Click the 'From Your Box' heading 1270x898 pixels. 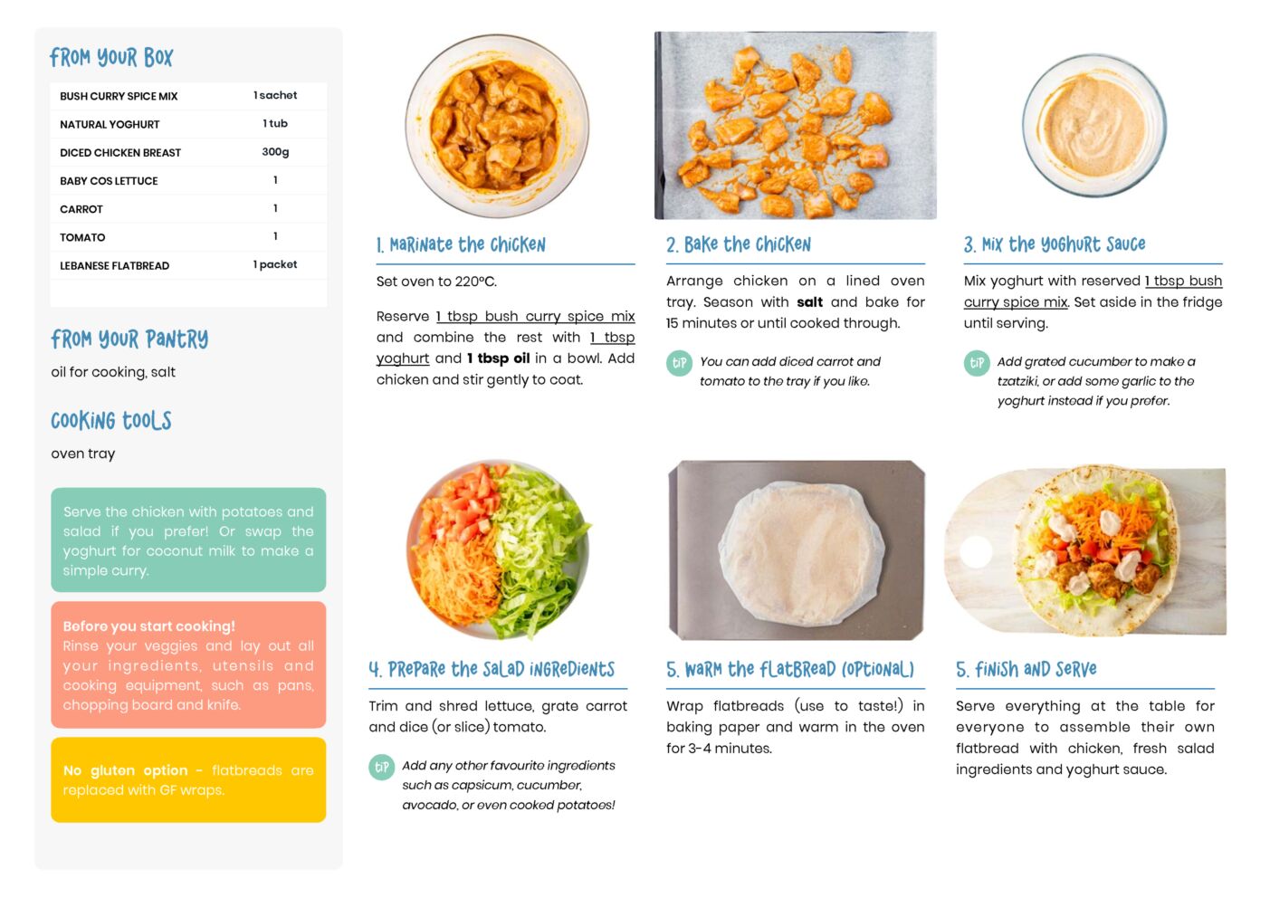(111, 57)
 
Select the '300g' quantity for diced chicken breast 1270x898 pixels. (275, 152)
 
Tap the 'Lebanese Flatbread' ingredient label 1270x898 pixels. (115, 265)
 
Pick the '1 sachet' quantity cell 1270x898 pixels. (275, 95)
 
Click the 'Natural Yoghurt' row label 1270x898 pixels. (110, 124)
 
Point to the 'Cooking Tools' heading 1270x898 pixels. (111, 421)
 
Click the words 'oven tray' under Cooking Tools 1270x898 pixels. (83, 454)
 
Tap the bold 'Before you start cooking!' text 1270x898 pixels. (148, 626)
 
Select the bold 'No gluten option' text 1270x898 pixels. (125, 770)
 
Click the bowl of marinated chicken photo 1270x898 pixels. (497, 125)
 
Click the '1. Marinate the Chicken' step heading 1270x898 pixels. (461, 245)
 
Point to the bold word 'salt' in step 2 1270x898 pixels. (809, 302)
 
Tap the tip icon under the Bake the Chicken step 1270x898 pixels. (679, 363)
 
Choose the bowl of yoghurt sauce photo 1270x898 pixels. (1094, 125)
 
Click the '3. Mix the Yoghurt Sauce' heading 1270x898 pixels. (1055, 244)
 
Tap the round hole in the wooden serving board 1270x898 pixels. (977, 551)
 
